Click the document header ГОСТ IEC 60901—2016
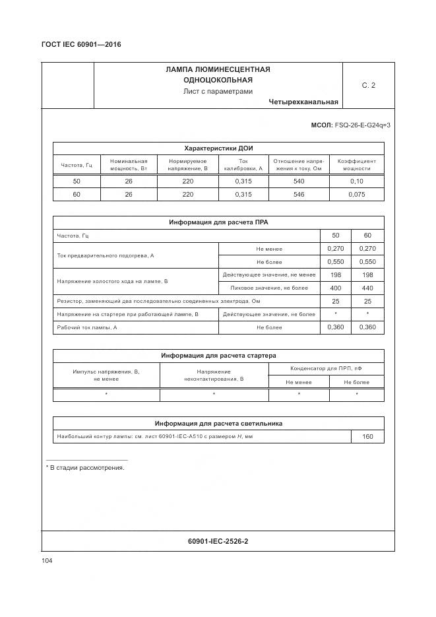(81, 45)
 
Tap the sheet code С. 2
(368, 85)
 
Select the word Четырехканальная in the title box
(303, 102)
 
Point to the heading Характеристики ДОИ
(218, 148)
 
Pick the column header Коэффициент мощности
(356, 164)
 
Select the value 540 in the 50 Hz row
(298, 181)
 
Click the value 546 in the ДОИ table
(298, 195)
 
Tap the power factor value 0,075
(356, 195)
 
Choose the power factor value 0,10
(356, 181)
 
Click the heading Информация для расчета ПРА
(218, 222)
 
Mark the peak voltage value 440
(367, 288)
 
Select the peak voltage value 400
(336, 288)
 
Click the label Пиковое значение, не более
(268, 288)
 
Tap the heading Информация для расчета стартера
(218, 356)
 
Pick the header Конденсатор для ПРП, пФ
(326, 368)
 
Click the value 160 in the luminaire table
(367, 437)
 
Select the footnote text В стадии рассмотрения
(87, 468)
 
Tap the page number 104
(47, 560)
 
